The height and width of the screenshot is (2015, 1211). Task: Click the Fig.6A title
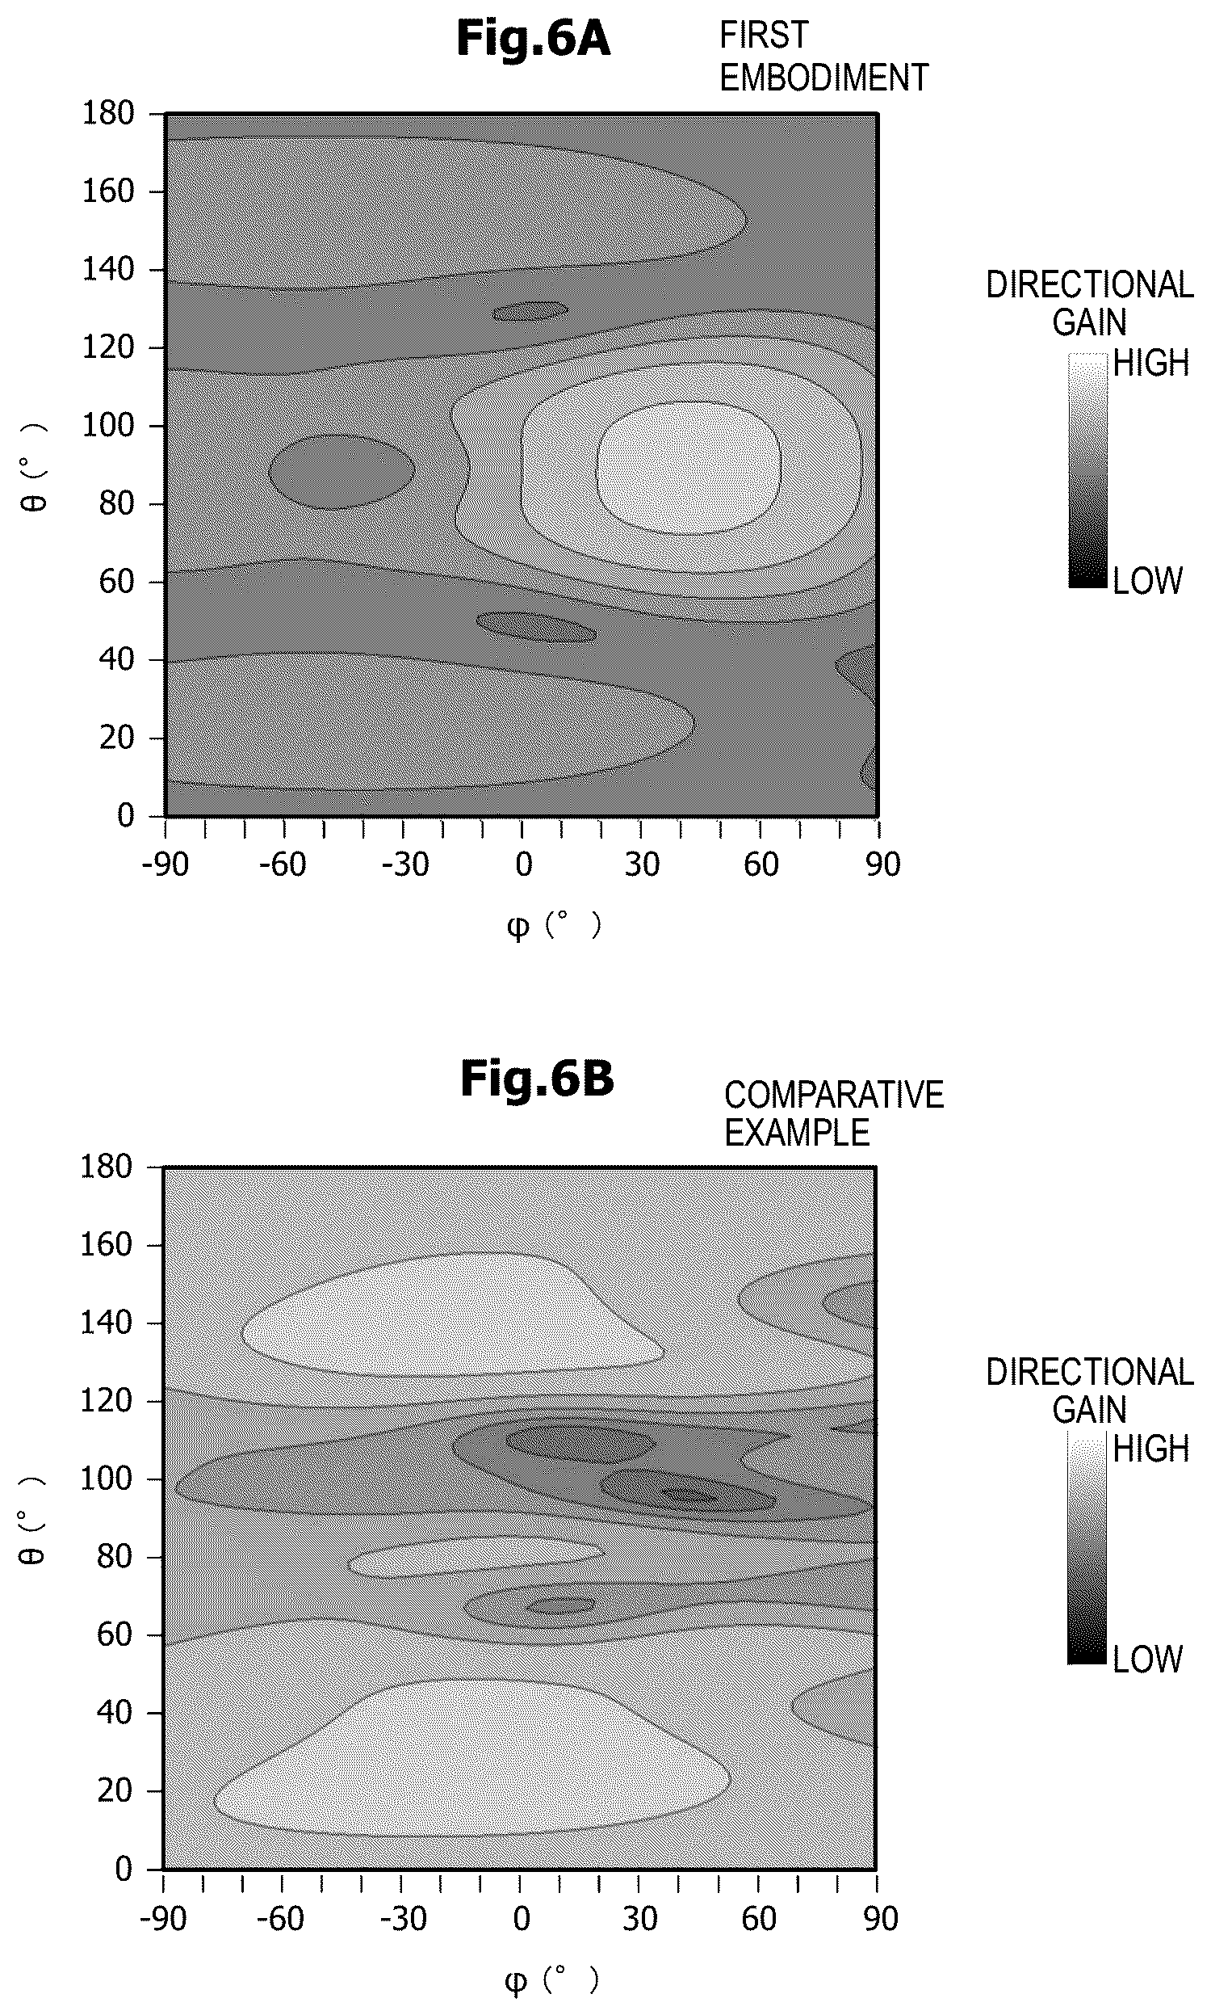point(533,38)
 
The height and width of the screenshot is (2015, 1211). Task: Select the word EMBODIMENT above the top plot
point(824,78)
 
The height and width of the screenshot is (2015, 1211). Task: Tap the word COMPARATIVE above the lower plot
point(834,1095)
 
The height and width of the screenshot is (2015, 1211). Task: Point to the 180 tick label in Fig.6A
point(107,112)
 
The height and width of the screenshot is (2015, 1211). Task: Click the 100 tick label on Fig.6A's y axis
point(107,425)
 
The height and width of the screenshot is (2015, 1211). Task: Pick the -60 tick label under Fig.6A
point(283,864)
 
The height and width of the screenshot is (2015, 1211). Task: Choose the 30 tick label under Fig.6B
point(640,1919)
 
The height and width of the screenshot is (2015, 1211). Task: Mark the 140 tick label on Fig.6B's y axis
point(106,1323)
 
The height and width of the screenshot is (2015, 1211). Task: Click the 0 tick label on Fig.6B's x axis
point(522,1919)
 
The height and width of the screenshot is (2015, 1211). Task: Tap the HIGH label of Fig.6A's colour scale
point(1150,364)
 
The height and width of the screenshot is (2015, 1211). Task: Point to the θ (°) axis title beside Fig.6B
point(31,1520)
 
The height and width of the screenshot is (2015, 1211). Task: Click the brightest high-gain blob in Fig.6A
point(689,468)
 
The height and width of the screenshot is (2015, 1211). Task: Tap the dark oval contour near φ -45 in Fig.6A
point(342,471)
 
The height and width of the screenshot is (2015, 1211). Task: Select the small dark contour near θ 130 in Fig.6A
point(530,310)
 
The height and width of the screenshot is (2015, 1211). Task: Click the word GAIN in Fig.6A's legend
point(1089,322)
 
